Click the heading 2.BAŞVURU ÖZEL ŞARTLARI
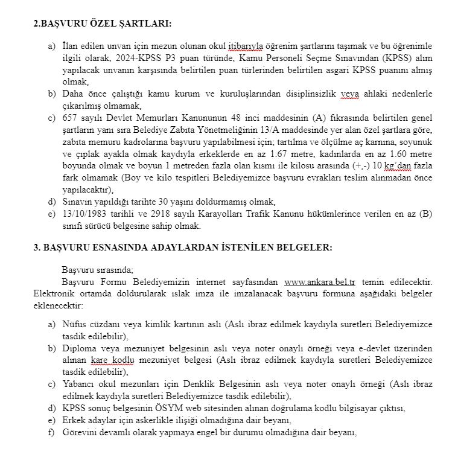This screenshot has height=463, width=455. point(102,24)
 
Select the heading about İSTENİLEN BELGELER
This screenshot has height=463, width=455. point(182,247)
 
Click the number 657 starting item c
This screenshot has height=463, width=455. point(70,117)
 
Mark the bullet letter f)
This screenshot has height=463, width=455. point(52,432)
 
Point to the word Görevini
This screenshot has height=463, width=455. point(80,432)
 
